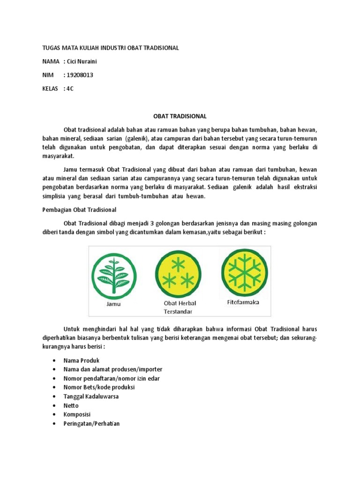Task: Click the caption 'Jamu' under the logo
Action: click(x=112, y=304)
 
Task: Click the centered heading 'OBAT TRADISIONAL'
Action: click(x=180, y=116)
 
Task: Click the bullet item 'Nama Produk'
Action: click(x=81, y=360)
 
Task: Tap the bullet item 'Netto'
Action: click(x=71, y=405)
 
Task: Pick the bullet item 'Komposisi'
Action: click(x=77, y=414)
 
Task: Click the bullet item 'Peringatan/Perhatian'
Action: click(x=92, y=424)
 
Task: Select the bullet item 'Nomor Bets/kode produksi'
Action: click(x=99, y=387)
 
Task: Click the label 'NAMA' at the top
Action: click(x=51, y=61)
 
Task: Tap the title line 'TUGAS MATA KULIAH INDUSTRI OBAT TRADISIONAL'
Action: click(x=111, y=48)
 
